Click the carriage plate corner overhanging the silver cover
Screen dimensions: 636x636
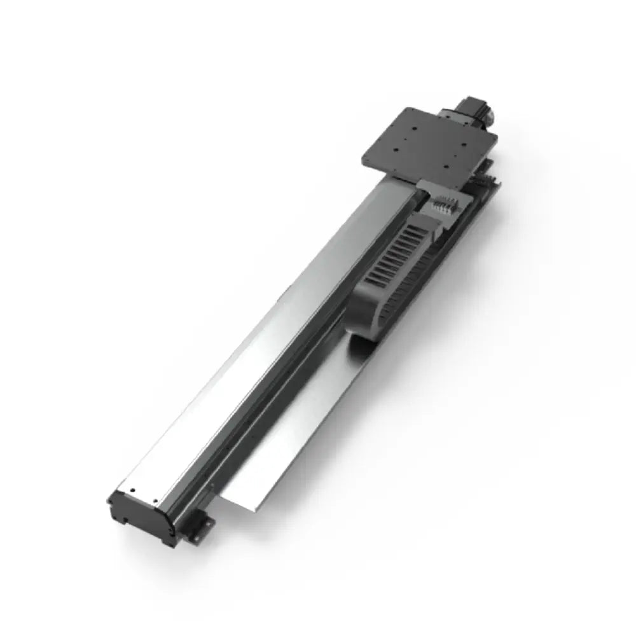[363, 162]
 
